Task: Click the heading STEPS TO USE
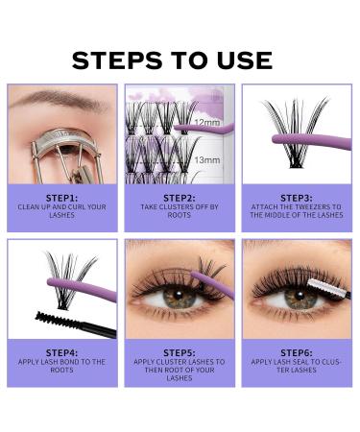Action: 172,60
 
